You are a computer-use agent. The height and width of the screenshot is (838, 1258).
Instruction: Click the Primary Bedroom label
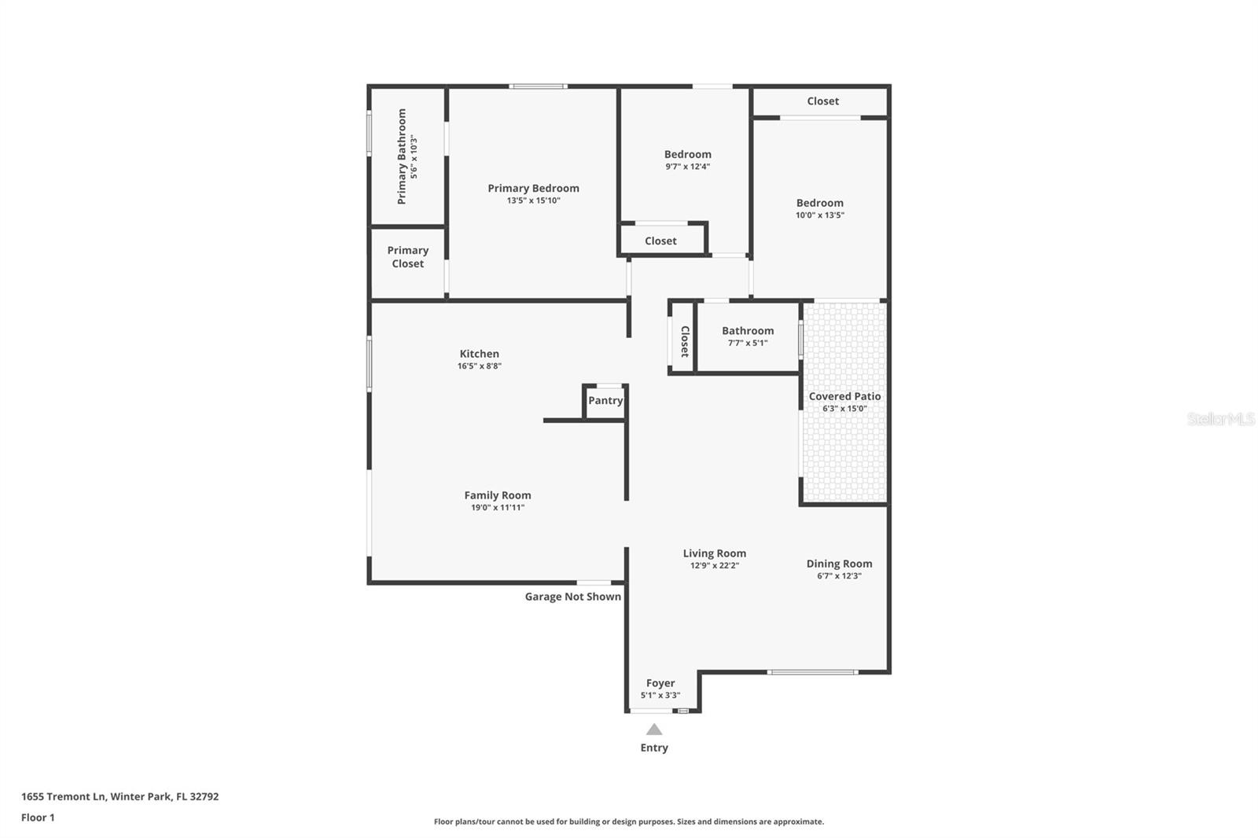(x=533, y=188)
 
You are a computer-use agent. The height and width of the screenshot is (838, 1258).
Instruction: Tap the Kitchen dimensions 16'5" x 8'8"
(x=480, y=366)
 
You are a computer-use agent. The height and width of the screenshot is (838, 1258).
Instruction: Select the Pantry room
(x=605, y=401)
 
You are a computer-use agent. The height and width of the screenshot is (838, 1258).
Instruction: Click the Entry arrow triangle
(x=654, y=730)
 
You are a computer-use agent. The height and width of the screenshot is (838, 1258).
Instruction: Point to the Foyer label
(x=660, y=683)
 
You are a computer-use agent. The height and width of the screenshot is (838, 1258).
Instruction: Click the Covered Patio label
(x=844, y=396)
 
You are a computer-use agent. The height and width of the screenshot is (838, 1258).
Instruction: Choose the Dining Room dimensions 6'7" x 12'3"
(x=839, y=576)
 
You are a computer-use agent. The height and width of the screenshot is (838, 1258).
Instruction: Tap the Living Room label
(x=714, y=553)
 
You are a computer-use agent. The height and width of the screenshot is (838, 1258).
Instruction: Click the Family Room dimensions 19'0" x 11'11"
(x=498, y=508)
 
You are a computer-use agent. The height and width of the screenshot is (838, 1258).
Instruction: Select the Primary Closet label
(x=407, y=257)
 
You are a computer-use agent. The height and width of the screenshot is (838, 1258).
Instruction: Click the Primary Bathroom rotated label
(x=402, y=156)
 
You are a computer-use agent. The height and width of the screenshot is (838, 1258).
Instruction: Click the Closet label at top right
(x=822, y=101)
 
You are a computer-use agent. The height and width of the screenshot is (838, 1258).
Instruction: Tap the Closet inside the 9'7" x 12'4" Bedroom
(x=660, y=241)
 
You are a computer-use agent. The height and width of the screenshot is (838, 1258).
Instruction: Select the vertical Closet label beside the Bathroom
(x=684, y=341)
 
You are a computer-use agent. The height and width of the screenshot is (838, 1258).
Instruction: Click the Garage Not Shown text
(x=572, y=597)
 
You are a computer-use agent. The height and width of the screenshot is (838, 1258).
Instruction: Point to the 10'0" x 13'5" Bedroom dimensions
(x=819, y=215)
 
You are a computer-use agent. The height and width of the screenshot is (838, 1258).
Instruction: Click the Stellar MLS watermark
(x=1220, y=419)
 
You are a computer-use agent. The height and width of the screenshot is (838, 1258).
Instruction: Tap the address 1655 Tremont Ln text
(x=120, y=796)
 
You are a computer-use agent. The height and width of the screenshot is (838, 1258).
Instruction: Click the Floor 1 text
(x=38, y=818)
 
